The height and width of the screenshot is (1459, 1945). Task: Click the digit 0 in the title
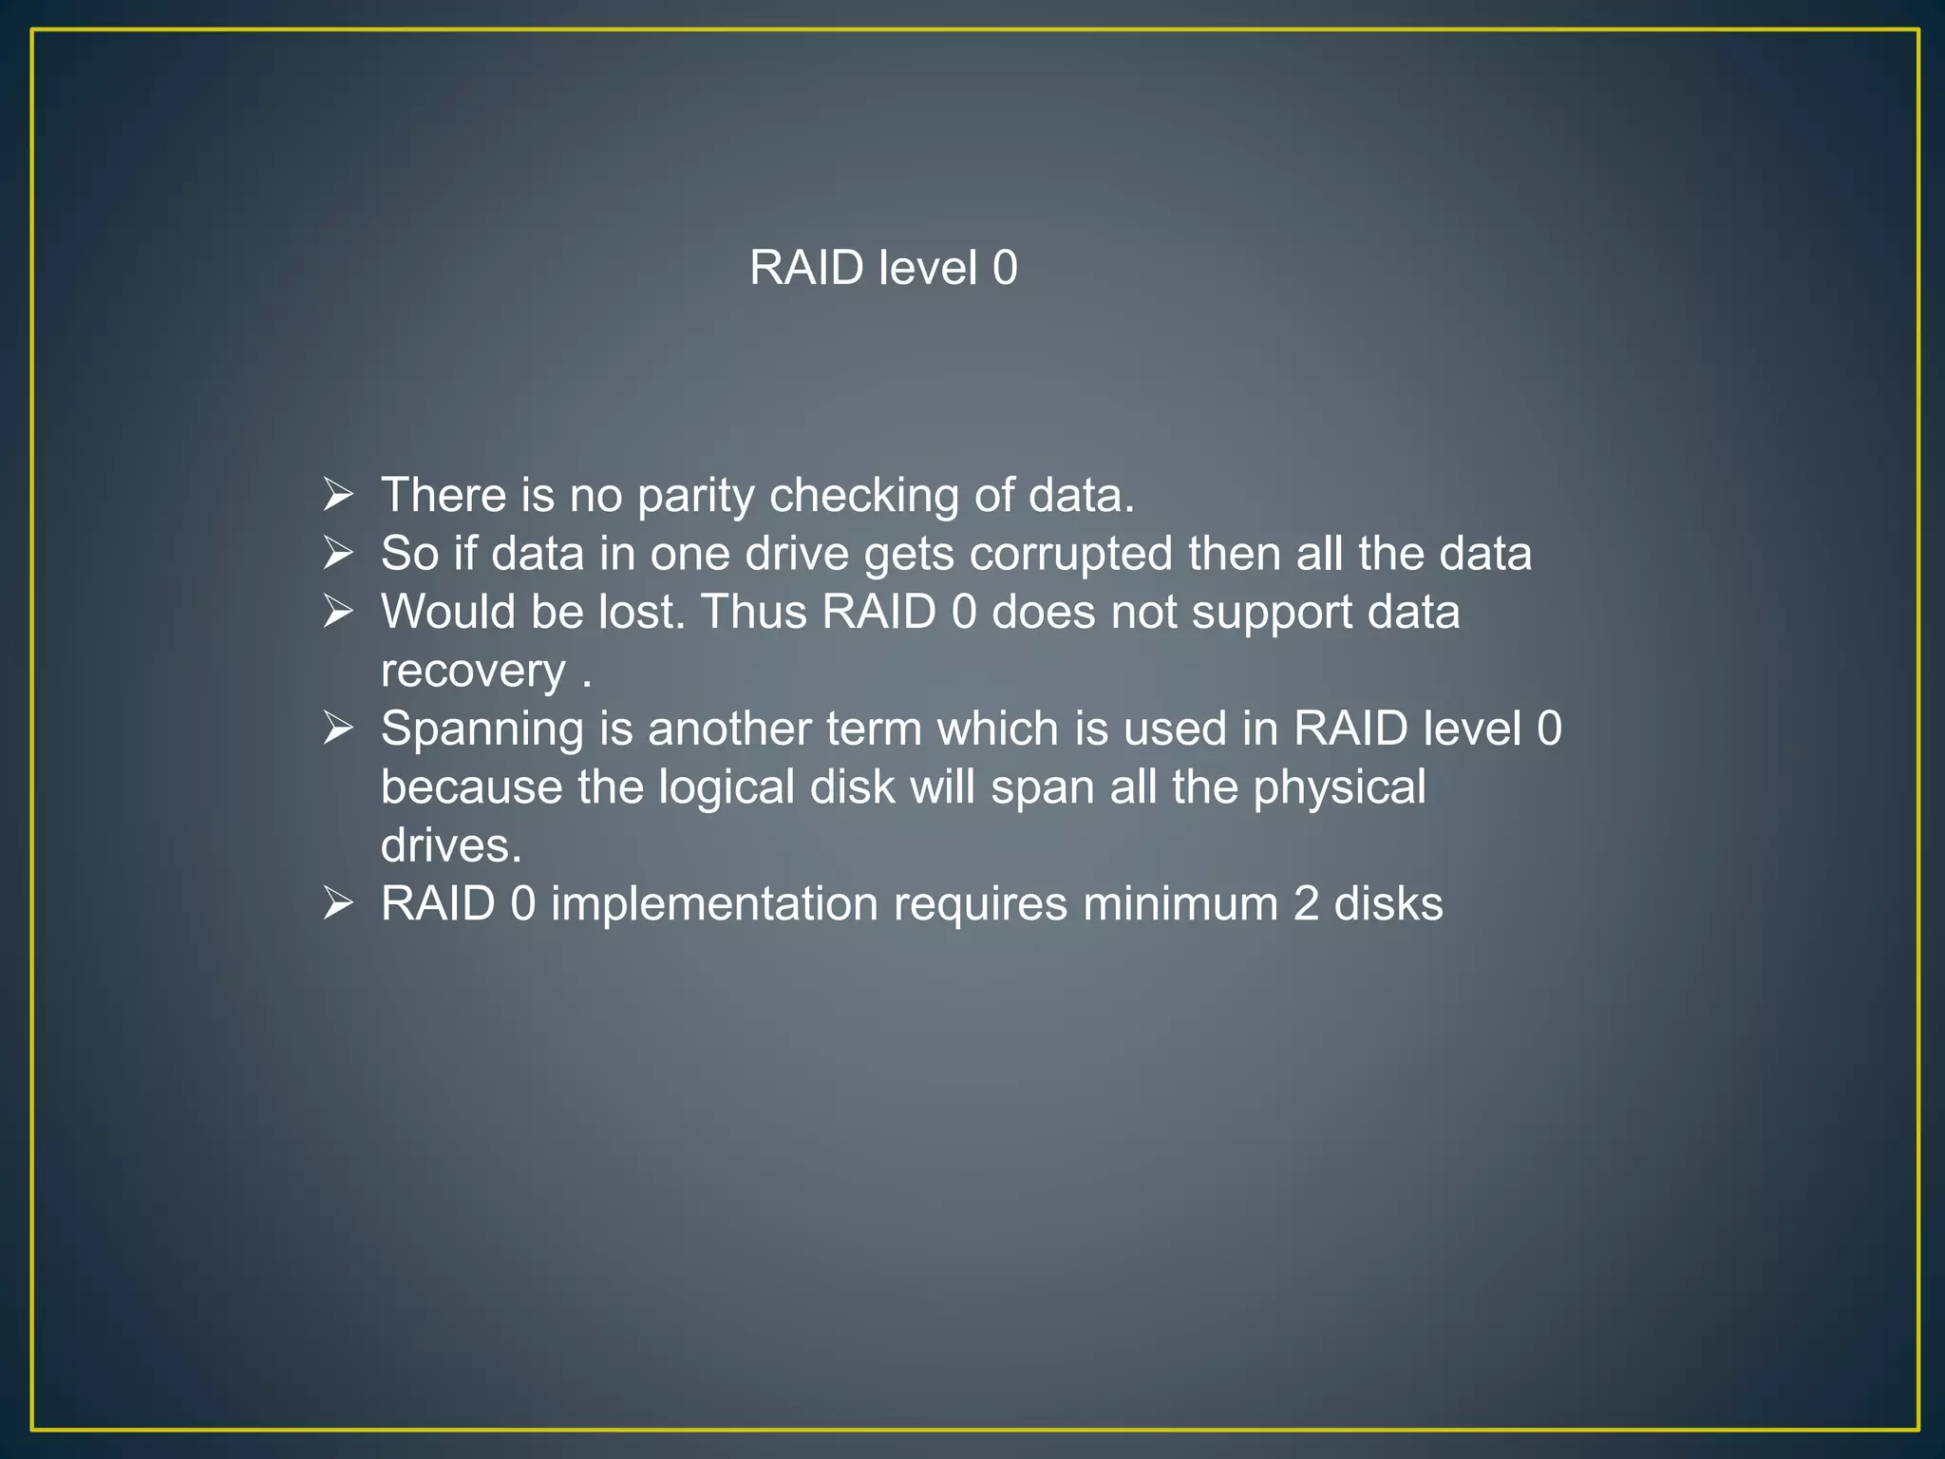click(x=1005, y=268)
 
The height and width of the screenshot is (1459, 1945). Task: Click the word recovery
click(x=473, y=673)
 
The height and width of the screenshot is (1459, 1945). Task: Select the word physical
click(x=1339, y=788)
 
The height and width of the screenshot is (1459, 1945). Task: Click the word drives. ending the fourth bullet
click(x=451, y=845)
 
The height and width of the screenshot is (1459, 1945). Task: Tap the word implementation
click(x=714, y=904)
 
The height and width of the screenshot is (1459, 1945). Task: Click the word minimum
click(x=1180, y=903)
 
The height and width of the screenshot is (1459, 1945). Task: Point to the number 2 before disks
click(x=1306, y=903)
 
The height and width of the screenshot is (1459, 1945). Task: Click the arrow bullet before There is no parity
click(x=338, y=495)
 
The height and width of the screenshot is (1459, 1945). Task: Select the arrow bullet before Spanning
click(x=338, y=729)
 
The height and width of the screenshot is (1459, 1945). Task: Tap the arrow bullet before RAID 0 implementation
click(x=338, y=903)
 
